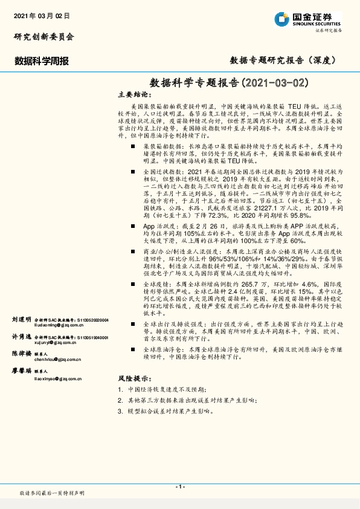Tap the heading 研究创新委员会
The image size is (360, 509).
click(x=44, y=37)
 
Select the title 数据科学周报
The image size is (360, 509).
click(x=42, y=60)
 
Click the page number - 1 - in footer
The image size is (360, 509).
click(x=180, y=487)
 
